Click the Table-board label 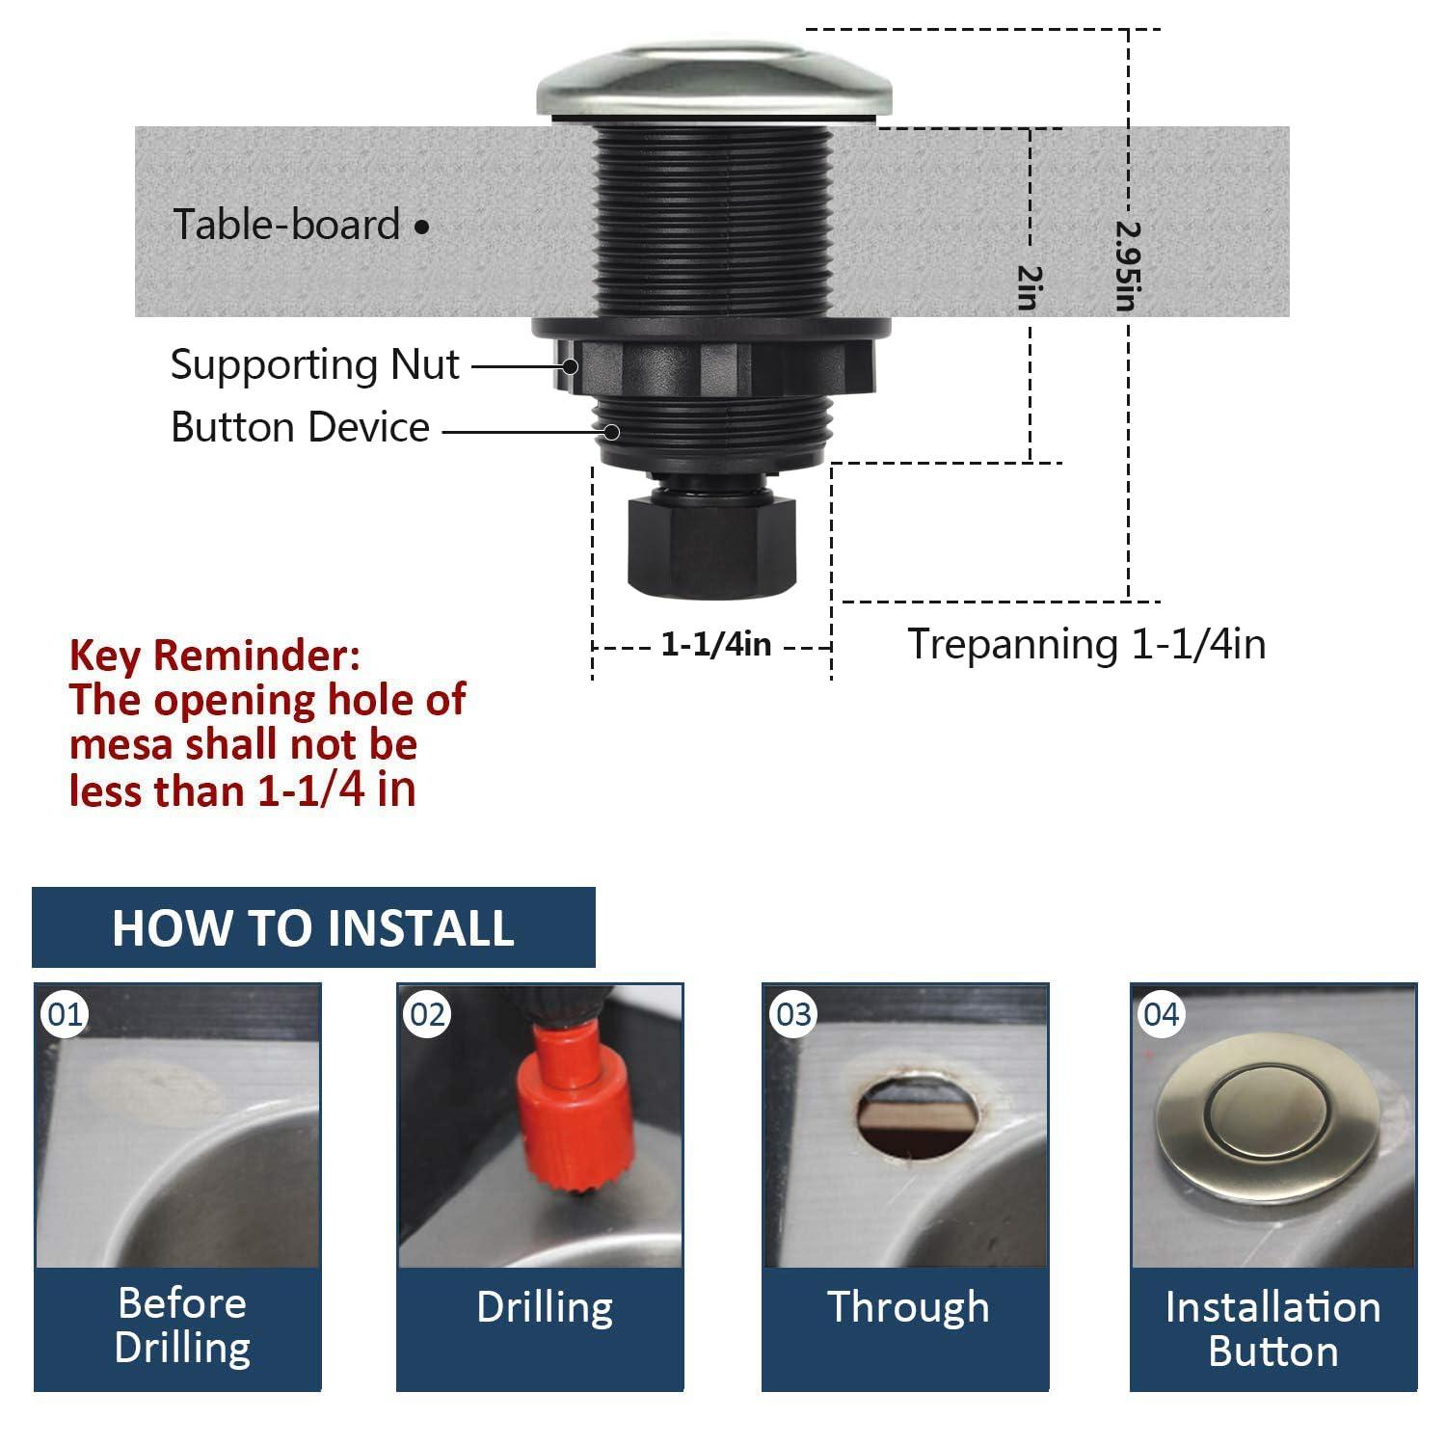[x=286, y=225]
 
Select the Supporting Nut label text [x=314, y=364]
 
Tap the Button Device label [x=300, y=427]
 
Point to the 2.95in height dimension [x=1127, y=266]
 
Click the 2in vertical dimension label [x=1030, y=287]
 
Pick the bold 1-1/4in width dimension [x=715, y=644]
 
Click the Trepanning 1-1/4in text [x=1086, y=644]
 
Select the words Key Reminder [x=215, y=656]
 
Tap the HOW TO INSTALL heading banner [x=313, y=927]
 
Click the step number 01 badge [x=66, y=1014]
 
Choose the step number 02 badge [x=427, y=1014]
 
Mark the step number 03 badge [x=793, y=1014]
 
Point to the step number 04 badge [x=1161, y=1014]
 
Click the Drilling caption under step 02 [x=545, y=1308]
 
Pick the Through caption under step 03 [x=908, y=1308]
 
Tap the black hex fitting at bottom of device [x=711, y=545]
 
